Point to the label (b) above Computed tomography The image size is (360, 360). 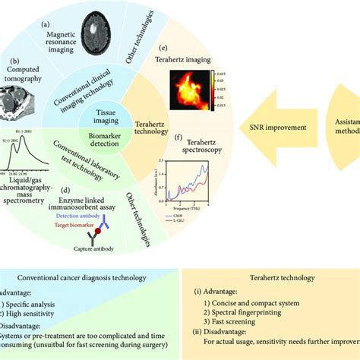pos(14,59)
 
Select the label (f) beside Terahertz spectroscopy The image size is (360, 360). pos(177,139)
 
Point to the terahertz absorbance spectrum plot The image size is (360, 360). pos(187,183)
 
